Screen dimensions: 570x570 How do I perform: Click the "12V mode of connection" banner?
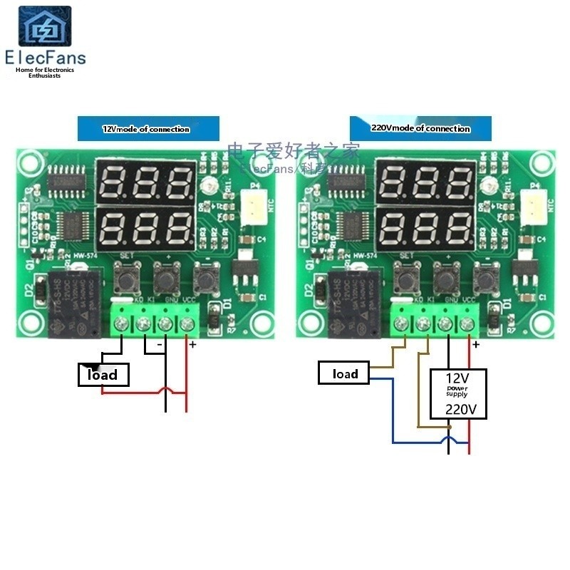[x=146, y=129]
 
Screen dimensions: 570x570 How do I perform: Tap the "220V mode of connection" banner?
[x=420, y=128]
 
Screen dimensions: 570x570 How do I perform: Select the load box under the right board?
[x=346, y=373]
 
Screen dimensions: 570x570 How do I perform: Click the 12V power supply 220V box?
[x=458, y=393]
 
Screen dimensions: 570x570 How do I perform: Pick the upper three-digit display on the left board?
[x=148, y=182]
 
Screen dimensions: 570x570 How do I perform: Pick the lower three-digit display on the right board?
[x=426, y=228]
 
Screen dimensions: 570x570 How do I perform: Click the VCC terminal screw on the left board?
[x=187, y=325]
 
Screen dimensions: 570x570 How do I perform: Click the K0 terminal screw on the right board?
[x=402, y=325]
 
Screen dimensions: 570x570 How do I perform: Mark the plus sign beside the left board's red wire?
[x=192, y=345]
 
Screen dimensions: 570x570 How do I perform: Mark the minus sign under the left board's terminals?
[x=160, y=345]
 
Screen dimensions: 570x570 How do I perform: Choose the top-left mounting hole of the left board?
[x=29, y=163]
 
